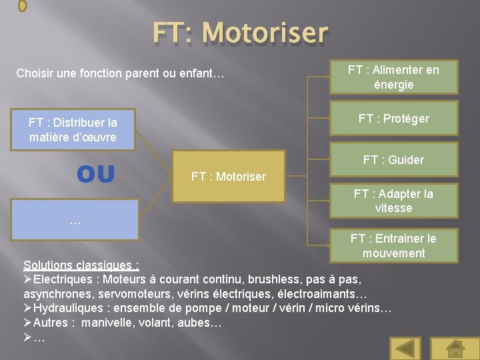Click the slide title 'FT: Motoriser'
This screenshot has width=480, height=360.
tap(240, 32)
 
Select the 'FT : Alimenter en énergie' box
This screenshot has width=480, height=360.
tap(393, 77)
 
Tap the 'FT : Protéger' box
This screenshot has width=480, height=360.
tap(393, 119)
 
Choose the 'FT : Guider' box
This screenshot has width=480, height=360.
tap(393, 160)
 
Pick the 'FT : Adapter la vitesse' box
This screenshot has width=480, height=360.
tap(393, 201)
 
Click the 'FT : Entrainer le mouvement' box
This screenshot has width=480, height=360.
tap(393, 245)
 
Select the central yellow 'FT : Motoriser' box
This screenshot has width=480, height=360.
tap(228, 177)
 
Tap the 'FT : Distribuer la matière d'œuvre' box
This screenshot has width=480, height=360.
tap(73, 130)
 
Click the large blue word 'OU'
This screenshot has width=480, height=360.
tap(95, 174)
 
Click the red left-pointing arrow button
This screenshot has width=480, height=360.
tap(405, 348)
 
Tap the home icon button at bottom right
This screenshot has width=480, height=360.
tap(455, 348)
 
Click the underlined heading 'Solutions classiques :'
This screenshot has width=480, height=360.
tap(81, 265)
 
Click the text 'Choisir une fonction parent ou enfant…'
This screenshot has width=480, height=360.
tap(120, 73)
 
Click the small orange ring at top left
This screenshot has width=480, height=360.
tap(23, 5)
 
